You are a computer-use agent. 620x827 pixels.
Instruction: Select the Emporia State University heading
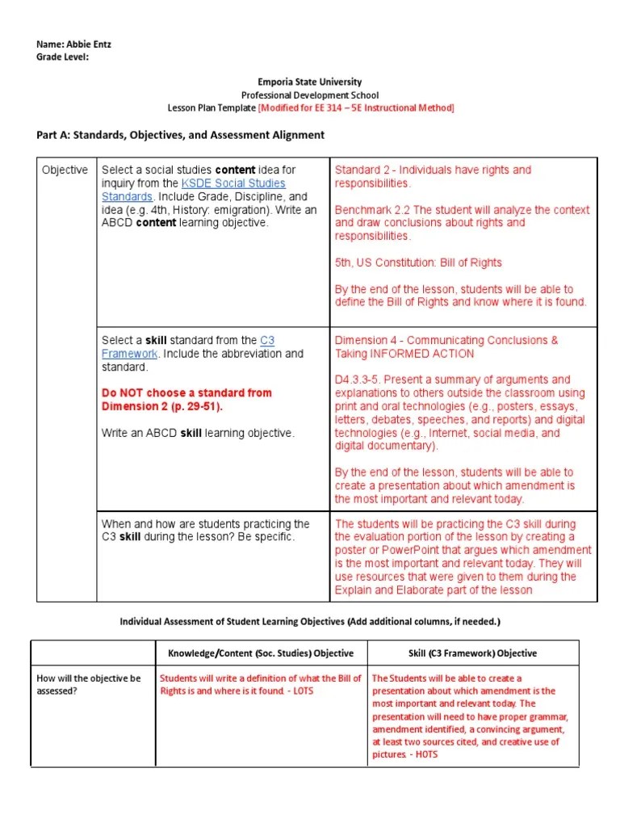[310, 82]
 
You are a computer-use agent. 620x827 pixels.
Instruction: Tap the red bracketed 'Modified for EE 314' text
[356, 108]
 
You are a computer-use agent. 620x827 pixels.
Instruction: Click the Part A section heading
[181, 135]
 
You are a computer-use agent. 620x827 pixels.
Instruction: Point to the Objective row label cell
[65, 170]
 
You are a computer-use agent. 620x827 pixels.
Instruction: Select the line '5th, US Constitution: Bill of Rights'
[418, 262]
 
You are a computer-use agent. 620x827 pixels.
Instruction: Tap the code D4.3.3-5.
[361, 380]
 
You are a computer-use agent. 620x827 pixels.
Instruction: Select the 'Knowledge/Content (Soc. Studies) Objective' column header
[261, 653]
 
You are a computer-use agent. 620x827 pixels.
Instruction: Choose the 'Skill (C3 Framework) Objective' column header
[472, 653]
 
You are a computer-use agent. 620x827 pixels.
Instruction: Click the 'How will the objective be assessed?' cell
[89, 685]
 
